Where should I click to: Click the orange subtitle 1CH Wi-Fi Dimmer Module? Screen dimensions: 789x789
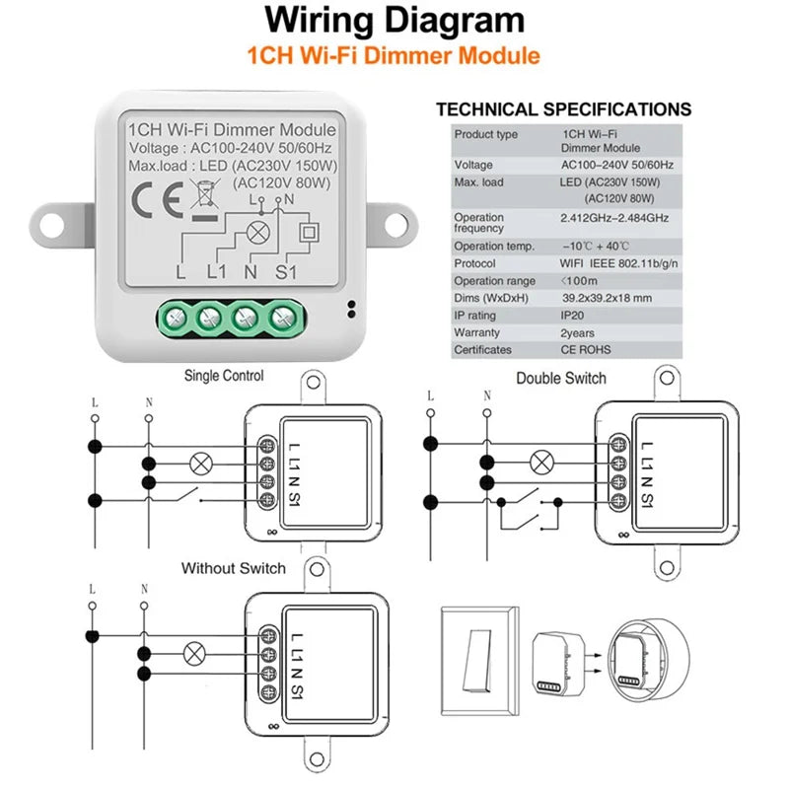394,55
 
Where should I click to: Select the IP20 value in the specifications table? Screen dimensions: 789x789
577,315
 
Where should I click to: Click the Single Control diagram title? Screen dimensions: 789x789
224,376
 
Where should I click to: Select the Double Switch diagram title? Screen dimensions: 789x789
561,378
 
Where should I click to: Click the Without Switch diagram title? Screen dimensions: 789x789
234,568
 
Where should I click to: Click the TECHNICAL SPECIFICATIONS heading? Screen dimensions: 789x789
564,109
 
